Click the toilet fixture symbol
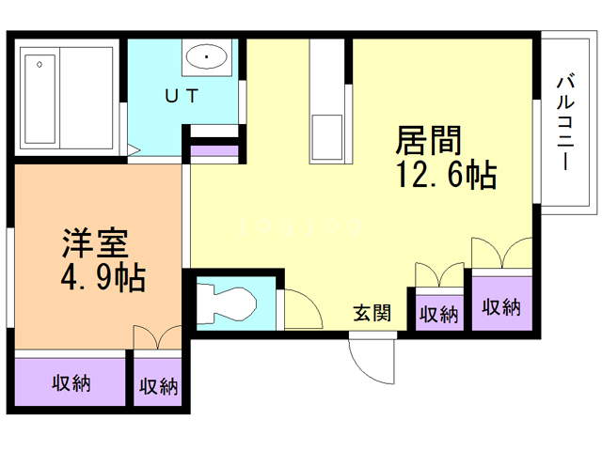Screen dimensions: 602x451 pyautogui.click(x=226, y=303)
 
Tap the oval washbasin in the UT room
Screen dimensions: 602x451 pyautogui.click(x=207, y=57)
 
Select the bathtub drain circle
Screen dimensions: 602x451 pyautogui.click(x=40, y=65)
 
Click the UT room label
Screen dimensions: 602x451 pyautogui.click(x=182, y=96)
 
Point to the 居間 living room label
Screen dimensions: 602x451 pyautogui.click(x=429, y=140)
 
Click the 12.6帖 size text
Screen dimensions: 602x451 pyautogui.click(x=446, y=175)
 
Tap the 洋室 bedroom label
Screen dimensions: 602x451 pyautogui.click(x=95, y=242)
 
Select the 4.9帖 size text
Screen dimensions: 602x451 pyautogui.click(x=103, y=277)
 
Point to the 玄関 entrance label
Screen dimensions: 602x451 pyautogui.click(x=372, y=313)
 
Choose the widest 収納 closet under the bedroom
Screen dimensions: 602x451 pyautogui.click(x=71, y=382)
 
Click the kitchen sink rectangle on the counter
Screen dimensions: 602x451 pyautogui.click(x=326, y=137)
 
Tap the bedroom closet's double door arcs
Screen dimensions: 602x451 pyautogui.click(x=158, y=337)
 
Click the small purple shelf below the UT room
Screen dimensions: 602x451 pyautogui.click(x=214, y=150)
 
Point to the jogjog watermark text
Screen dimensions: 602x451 pyautogui.click(x=300, y=225)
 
